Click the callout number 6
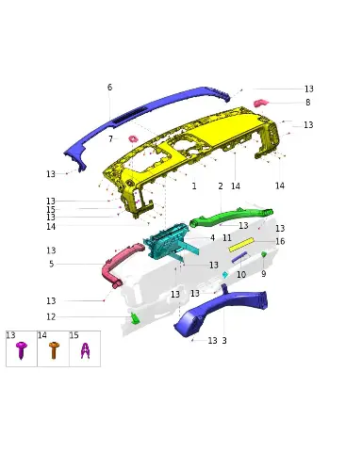point(109,88)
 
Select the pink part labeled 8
point(261,103)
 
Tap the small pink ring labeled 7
point(133,138)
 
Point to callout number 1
point(194,186)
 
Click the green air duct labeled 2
point(231,217)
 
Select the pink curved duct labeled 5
point(120,264)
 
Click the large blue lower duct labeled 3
point(220,309)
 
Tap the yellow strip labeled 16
point(241,245)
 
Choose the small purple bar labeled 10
point(239,257)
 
